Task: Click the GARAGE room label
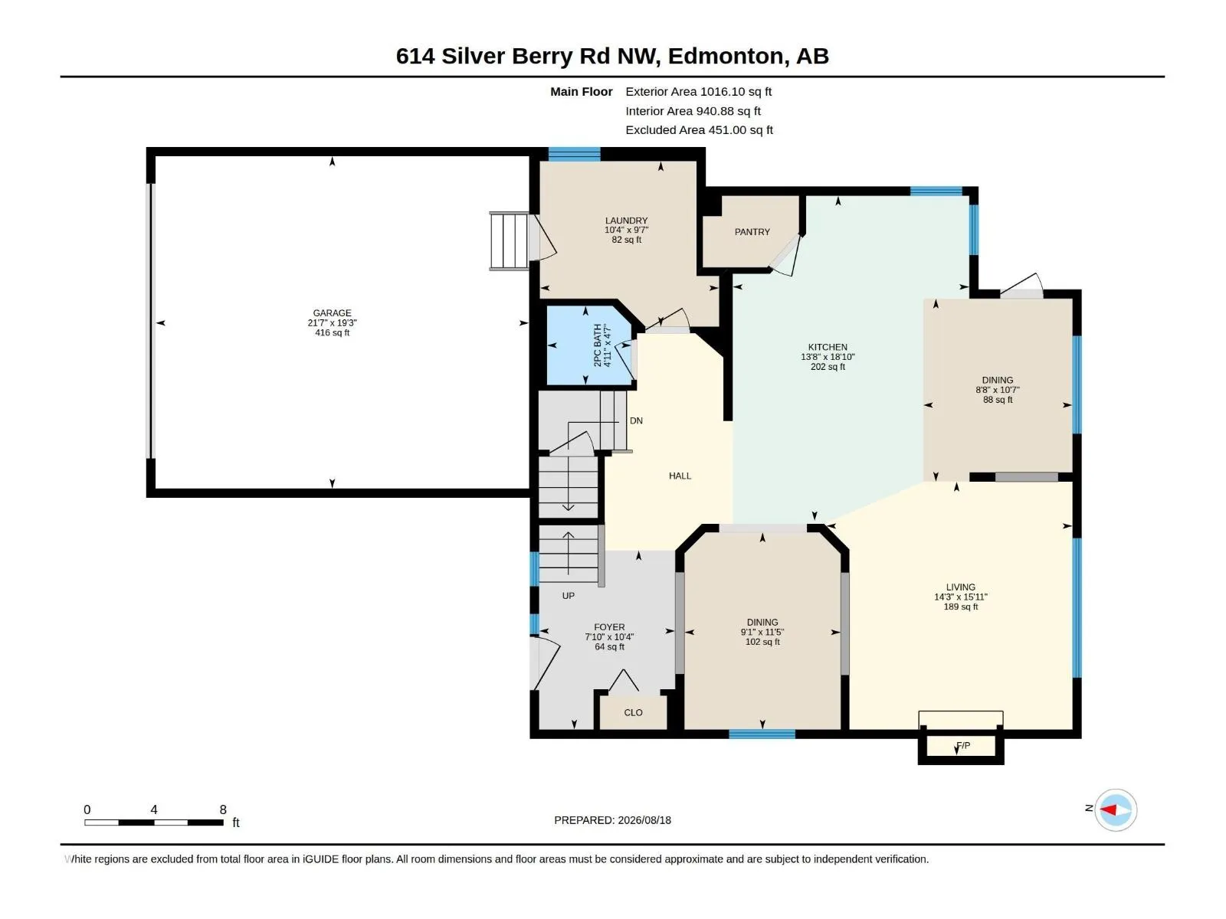tap(332, 313)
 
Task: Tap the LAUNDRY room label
tap(626, 221)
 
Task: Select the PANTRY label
tap(752, 231)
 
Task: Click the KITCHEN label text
tap(828, 347)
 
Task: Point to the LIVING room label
tap(960, 587)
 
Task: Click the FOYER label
tap(609, 627)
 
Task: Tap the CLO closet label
tap(633, 712)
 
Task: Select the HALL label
tap(680, 476)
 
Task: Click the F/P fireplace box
tap(961, 745)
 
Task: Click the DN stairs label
tap(636, 420)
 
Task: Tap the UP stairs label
tap(568, 596)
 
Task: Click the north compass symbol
tap(1116, 809)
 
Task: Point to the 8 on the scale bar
tap(223, 809)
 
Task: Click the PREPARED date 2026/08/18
tap(644, 820)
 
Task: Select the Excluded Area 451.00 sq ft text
tap(699, 130)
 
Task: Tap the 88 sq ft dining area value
tap(998, 400)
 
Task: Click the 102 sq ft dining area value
tap(762, 642)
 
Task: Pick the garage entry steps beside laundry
tap(509, 241)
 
